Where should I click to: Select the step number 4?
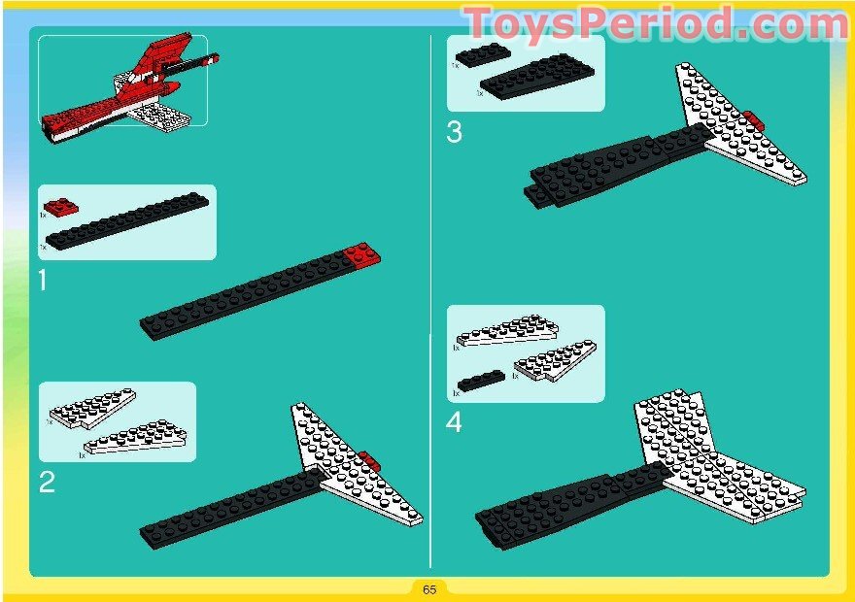click(455, 423)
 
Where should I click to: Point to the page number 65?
click(429, 589)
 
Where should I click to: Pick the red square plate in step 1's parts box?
click(58, 207)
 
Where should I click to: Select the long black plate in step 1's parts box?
click(126, 224)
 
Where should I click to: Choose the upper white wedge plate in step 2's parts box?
click(93, 408)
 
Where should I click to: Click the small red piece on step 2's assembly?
click(368, 459)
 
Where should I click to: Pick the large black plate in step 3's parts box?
click(531, 76)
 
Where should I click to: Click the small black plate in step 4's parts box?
click(481, 379)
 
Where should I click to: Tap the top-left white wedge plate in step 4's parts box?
click(507, 330)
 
